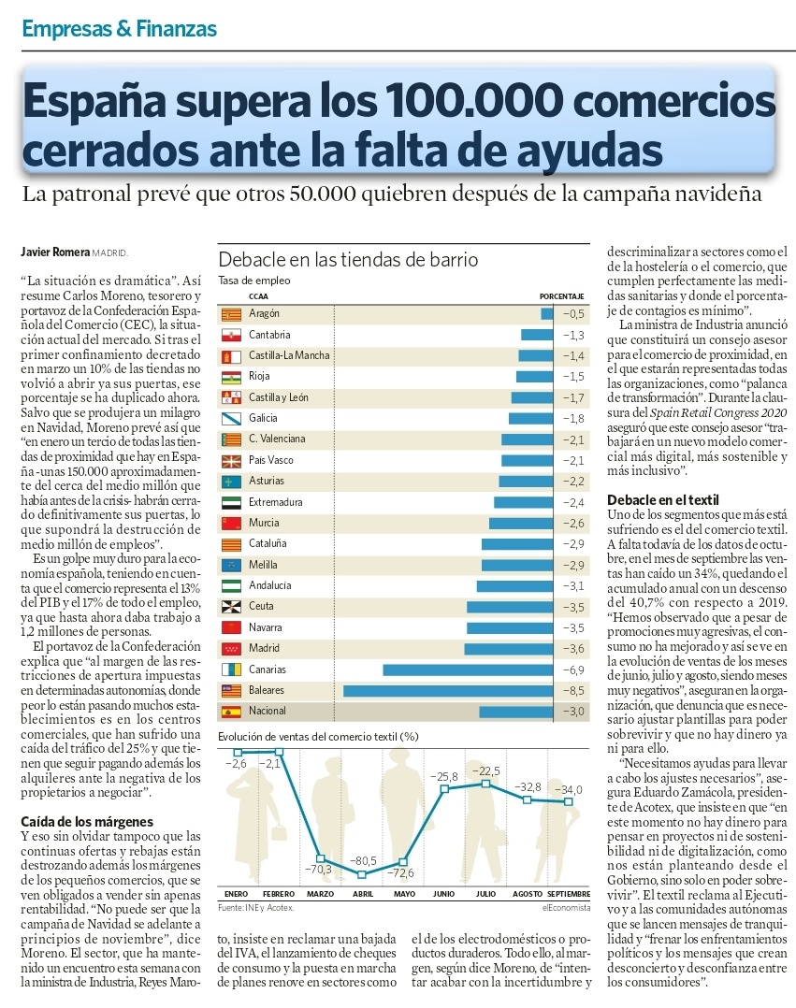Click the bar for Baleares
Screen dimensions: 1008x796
tap(449, 691)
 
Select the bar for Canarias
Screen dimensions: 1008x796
tap(469, 670)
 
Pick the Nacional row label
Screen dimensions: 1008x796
tap(268, 712)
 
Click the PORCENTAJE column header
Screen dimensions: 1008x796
tap(562, 296)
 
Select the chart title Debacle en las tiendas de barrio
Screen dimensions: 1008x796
tap(348, 259)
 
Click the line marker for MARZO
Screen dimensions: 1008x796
tap(321, 857)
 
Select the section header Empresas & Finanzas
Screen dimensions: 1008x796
tap(119, 29)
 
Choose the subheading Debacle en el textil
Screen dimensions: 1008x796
tap(663, 500)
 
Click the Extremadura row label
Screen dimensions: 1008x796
tap(276, 502)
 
